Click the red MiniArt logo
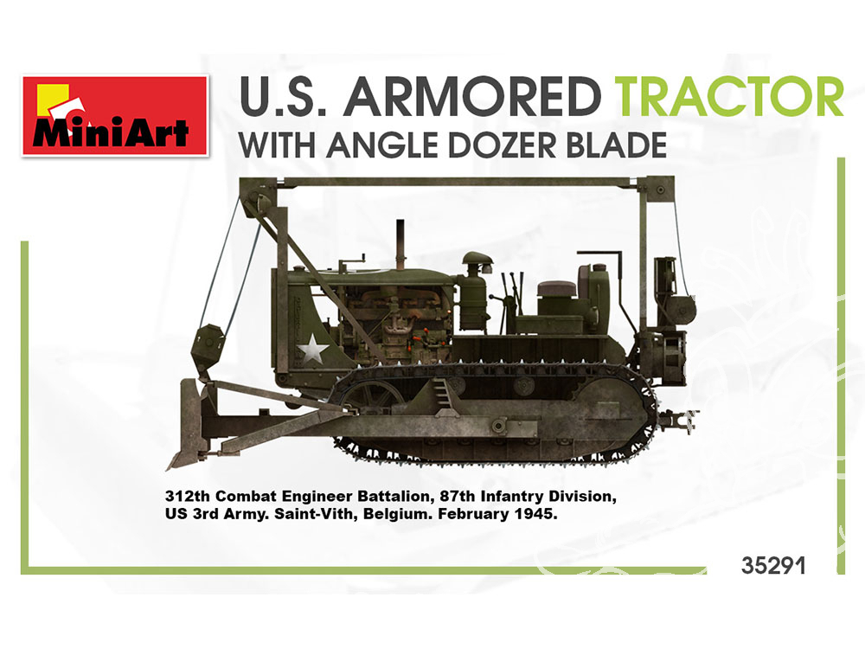pyautogui.click(x=115, y=116)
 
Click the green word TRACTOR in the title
pyautogui.click(x=728, y=97)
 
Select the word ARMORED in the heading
pyautogui.click(x=475, y=97)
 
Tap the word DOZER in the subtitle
pyautogui.click(x=491, y=145)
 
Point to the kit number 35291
pyautogui.click(x=773, y=566)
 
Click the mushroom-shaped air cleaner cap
pyautogui.click(x=477, y=259)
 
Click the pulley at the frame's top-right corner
pyautogui.click(x=660, y=190)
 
